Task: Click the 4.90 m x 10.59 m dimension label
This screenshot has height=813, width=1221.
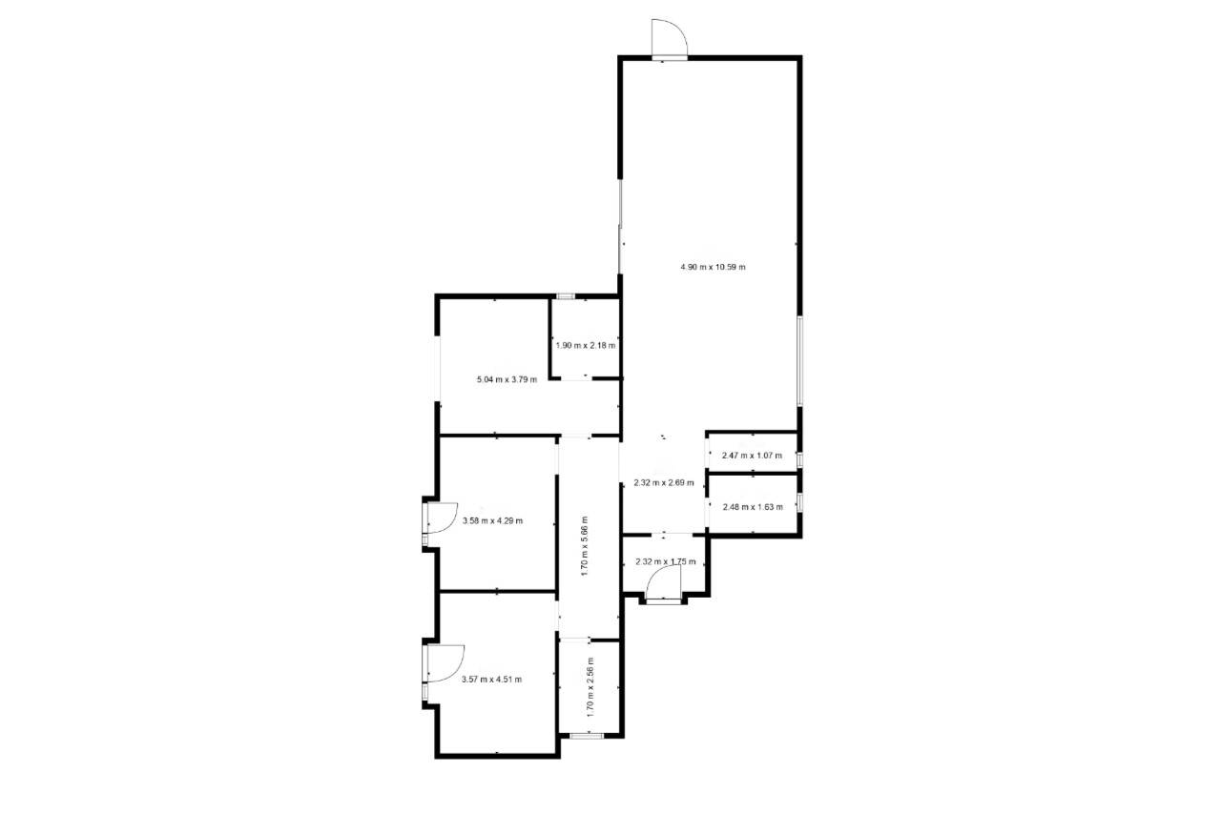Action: (713, 268)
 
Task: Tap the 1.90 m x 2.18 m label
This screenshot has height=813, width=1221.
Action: (586, 345)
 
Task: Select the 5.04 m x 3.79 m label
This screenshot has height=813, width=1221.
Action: (507, 379)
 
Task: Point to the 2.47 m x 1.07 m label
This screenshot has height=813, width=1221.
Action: (753, 456)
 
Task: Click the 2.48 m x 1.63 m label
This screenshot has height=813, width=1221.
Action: (753, 507)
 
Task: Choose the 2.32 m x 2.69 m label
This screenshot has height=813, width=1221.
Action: (664, 482)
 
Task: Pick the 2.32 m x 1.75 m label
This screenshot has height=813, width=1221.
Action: (666, 561)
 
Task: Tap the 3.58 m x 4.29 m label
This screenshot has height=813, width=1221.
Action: (493, 520)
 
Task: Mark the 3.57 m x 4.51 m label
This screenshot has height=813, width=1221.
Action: (491, 679)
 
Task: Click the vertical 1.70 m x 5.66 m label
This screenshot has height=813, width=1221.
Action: (585, 546)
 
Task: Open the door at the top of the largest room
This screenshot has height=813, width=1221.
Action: (670, 38)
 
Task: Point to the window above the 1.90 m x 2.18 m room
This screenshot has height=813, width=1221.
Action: (566, 296)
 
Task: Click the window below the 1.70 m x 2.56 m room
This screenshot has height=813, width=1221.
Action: (587, 736)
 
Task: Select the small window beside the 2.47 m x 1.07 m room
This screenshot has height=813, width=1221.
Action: (799, 459)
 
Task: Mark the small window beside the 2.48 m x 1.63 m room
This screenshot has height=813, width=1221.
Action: (799, 502)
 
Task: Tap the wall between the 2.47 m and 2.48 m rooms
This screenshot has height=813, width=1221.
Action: (753, 475)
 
